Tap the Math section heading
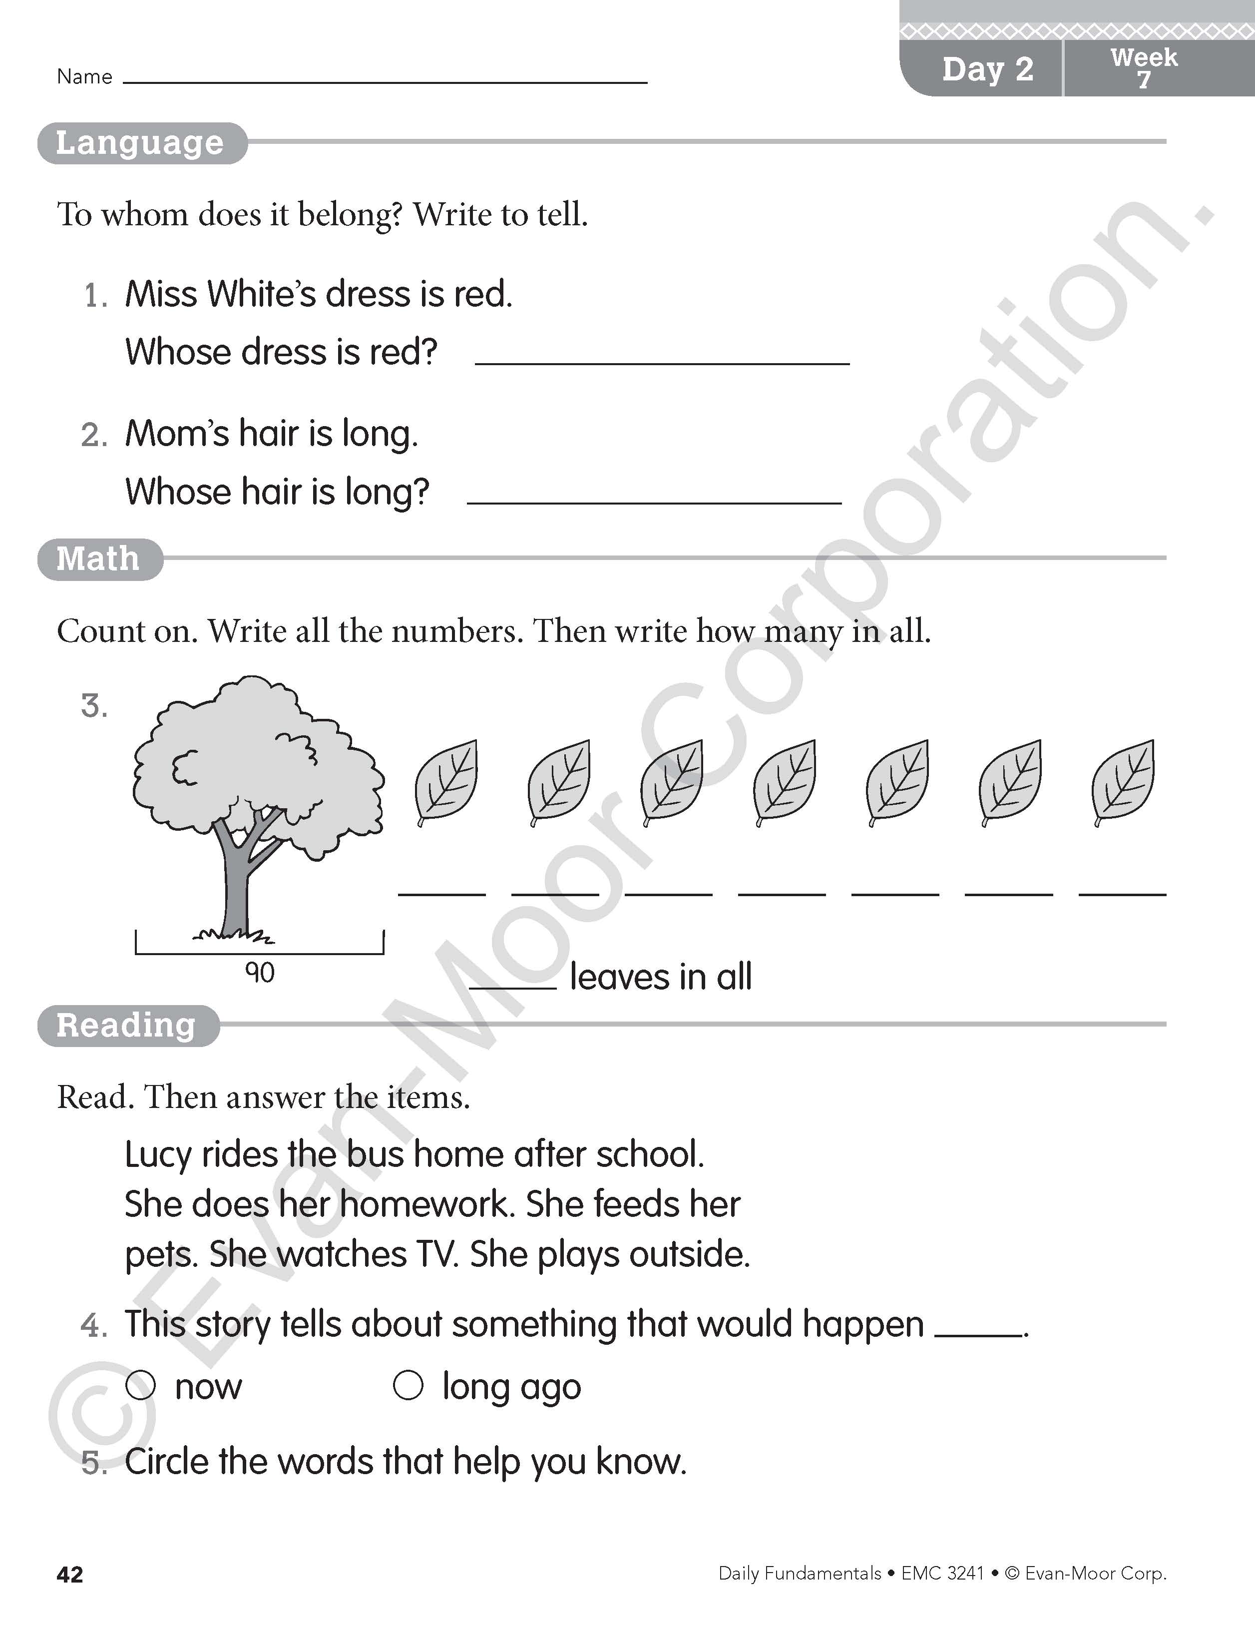pos(98,558)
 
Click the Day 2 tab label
pos(987,69)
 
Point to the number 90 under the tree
pos(260,973)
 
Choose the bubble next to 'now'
pos(140,1386)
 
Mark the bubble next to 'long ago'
pos(408,1386)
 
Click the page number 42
pos(69,1575)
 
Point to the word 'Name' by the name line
pos(84,77)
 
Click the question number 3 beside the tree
pos(94,706)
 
